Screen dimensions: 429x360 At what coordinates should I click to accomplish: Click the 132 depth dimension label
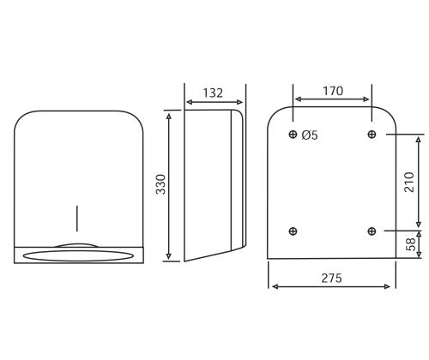(213, 93)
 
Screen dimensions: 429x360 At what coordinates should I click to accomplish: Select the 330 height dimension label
(161, 184)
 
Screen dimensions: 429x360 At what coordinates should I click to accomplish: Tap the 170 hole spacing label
(333, 91)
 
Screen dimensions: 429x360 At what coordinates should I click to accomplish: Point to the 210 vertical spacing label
(409, 183)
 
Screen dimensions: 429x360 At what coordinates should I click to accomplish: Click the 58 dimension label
(411, 244)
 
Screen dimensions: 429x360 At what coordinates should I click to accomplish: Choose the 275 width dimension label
(332, 278)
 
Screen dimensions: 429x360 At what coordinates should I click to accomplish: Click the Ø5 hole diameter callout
(310, 135)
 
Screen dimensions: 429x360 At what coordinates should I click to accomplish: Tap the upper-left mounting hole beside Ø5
(293, 134)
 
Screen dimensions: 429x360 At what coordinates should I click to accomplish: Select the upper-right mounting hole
(372, 134)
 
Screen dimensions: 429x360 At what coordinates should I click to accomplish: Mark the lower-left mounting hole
(293, 231)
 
